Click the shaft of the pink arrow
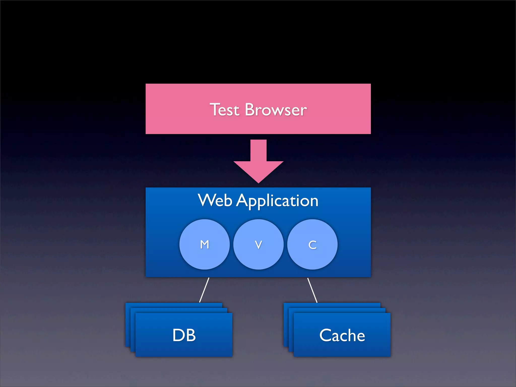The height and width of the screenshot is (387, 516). (258, 150)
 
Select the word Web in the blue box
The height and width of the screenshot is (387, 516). (215, 201)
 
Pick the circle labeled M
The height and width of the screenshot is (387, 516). (191, 254)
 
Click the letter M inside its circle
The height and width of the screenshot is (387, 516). (204, 244)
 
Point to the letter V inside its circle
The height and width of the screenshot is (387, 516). (258, 245)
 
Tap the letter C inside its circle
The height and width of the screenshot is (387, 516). (312, 245)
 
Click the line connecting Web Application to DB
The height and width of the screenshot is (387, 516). (204, 290)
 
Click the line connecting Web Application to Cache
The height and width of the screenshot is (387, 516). (312, 290)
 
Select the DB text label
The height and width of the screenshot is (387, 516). (184, 335)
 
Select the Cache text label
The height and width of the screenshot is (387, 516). (342, 335)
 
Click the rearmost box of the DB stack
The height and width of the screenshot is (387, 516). (174, 305)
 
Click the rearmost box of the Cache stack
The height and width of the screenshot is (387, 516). (332, 305)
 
